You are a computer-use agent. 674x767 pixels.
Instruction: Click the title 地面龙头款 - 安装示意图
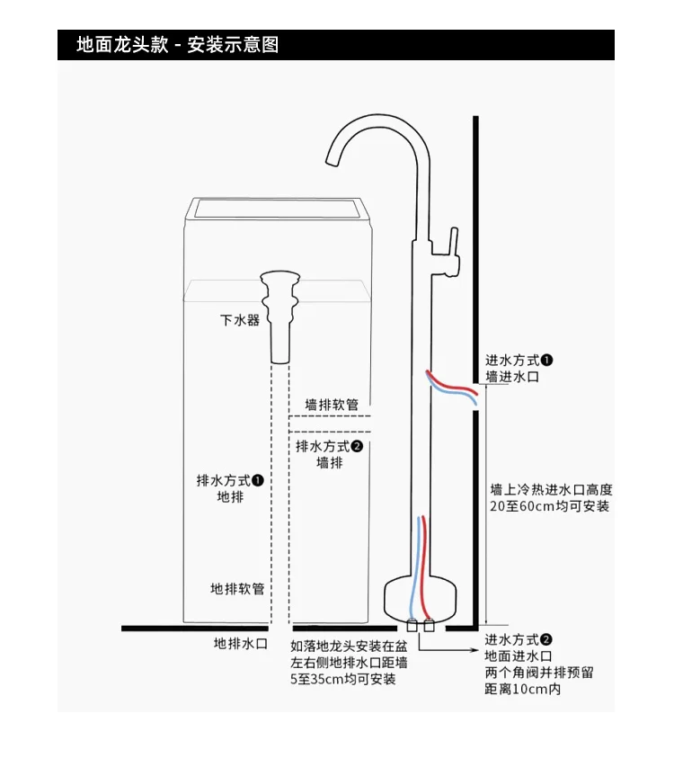click(178, 44)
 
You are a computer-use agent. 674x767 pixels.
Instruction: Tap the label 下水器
click(240, 320)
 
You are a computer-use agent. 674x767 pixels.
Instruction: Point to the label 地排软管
click(237, 589)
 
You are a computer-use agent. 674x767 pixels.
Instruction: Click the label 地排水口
click(240, 644)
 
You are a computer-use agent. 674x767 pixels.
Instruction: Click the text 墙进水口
click(512, 378)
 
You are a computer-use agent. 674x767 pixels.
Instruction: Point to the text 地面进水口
click(519, 656)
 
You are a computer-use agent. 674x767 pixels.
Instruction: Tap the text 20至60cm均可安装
click(549, 506)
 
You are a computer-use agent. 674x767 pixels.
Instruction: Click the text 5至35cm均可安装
click(342, 679)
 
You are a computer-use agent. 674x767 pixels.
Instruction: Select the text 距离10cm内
click(522, 690)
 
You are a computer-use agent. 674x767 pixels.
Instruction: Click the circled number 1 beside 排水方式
click(257, 480)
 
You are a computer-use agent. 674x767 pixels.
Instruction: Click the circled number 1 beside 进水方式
click(546, 361)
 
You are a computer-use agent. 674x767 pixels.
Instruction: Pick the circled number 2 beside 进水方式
click(546, 639)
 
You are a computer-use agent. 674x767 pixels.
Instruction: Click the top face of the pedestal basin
click(279, 209)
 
